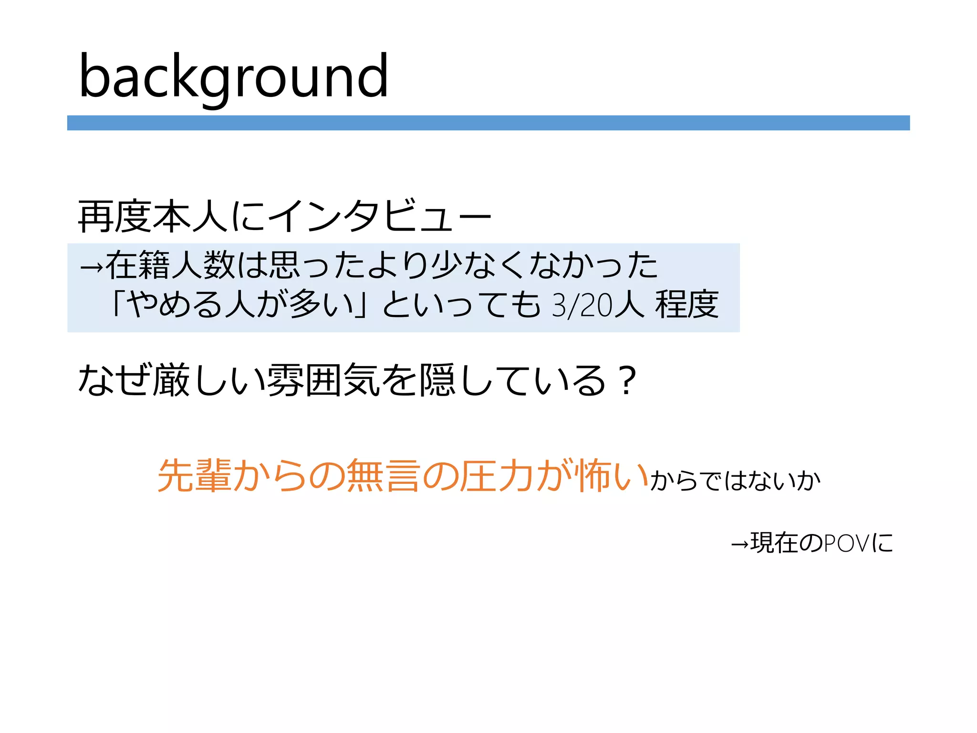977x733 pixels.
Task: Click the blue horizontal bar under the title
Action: click(x=488, y=123)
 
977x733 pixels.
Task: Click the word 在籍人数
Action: click(x=170, y=265)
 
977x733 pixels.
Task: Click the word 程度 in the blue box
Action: click(x=686, y=304)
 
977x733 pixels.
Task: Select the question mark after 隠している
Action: click(x=625, y=380)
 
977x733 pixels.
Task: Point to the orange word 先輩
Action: click(x=194, y=475)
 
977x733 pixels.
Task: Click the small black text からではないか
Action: click(x=735, y=480)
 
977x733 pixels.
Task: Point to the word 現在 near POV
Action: click(x=773, y=543)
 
